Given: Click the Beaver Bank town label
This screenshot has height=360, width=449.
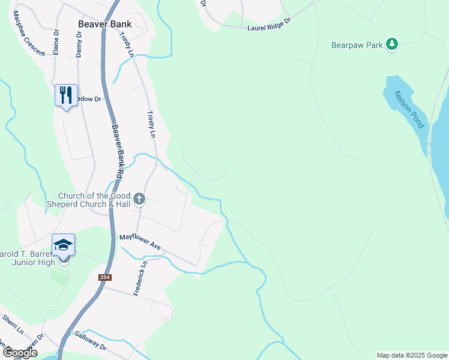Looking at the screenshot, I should tap(104, 25).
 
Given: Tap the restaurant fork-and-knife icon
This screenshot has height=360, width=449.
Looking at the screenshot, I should tap(66, 95).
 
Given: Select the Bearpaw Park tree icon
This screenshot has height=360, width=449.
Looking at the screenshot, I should tap(392, 44).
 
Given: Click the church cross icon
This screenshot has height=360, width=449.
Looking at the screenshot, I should tap(139, 199).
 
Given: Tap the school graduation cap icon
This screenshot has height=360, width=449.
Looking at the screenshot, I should tap(63, 245).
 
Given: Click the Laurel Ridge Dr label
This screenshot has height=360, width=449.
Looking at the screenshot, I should tap(269, 24).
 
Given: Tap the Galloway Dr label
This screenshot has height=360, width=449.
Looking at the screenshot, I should tap(91, 343).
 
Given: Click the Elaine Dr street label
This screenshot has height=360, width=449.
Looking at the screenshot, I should tap(56, 43).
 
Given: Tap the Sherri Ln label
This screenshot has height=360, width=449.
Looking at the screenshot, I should tap(13, 325).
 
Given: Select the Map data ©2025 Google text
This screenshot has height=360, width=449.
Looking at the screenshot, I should tap(412, 355).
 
